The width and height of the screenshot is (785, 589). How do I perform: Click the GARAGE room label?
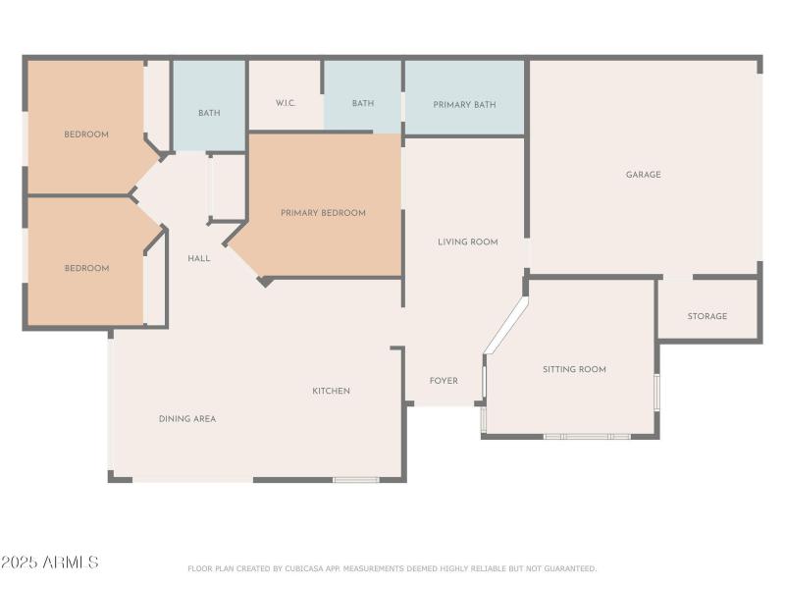643,175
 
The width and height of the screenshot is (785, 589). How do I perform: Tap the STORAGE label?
706,316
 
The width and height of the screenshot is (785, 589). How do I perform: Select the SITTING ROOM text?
574,369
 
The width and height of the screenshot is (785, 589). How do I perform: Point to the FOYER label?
444,381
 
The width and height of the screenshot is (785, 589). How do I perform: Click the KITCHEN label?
331,391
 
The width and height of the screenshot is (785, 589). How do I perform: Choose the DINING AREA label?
187,419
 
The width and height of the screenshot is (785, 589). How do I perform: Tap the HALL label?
199,258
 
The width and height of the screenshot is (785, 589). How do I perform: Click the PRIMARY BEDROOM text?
323,213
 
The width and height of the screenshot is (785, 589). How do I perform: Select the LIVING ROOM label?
468,241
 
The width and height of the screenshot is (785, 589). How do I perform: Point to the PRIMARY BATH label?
464,105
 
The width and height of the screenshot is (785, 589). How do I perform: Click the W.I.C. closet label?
286,103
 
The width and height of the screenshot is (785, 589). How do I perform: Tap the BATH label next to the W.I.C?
363,103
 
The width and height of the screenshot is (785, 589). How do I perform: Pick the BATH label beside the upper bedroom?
209,113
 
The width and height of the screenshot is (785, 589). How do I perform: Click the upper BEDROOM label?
86,134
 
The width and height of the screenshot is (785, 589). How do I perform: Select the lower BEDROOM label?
86,268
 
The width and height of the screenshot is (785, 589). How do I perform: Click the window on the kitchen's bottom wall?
356,480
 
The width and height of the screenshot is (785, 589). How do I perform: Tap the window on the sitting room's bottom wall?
587,436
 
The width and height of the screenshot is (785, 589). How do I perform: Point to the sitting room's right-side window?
656,393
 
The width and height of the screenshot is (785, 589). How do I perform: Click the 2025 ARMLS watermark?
50,562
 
